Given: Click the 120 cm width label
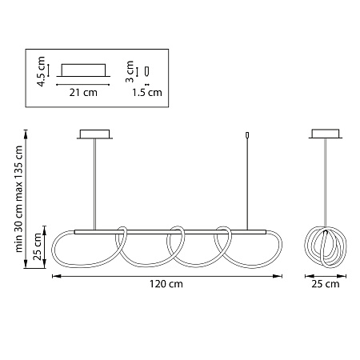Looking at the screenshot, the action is tap(166, 284).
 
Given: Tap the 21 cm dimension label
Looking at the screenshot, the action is tap(83, 93).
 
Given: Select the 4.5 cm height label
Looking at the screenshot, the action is tap(42, 71).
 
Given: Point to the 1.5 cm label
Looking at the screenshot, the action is tap(147, 93).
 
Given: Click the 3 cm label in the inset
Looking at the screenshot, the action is tap(130, 71).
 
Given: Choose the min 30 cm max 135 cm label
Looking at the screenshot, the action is tap(19, 199).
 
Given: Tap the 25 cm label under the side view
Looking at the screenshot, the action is tap(326, 284).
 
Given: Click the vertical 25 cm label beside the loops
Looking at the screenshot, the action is tap(38, 246).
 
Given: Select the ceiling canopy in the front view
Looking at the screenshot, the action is tap(94, 134).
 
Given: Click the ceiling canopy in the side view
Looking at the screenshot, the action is tap(326, 134).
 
